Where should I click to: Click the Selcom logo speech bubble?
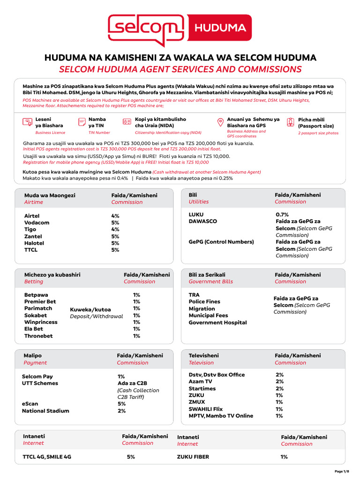(146, 30)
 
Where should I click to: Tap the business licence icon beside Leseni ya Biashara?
(27, 122)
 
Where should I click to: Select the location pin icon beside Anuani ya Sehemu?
(220, 122)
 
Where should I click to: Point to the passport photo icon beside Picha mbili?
(291, 122)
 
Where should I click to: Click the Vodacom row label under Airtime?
(37, 223)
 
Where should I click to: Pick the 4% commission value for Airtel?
(115, 216)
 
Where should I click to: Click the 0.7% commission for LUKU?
(282, 214)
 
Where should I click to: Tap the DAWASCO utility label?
(202, 221)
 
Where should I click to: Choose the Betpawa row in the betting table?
(36, 295)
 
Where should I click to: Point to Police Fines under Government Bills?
(204, 301)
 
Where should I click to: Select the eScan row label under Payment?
(30, 404)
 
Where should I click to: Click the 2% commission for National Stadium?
(121, 411)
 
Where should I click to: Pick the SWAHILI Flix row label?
(205, 409)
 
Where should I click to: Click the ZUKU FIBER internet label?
(193, 457)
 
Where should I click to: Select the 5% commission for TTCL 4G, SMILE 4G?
(131, 457)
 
